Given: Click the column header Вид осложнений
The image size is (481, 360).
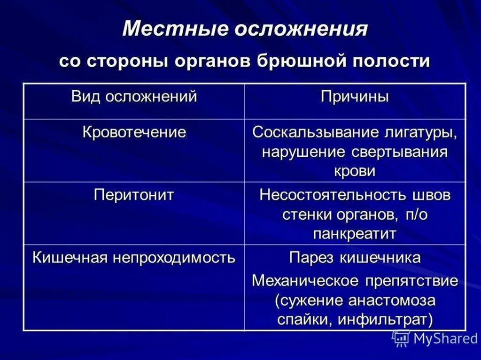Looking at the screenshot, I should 134,97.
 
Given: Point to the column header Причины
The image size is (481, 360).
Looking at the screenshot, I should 355,97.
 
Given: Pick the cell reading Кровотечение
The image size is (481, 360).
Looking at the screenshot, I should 134,132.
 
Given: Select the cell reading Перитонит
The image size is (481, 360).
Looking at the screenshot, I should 134,195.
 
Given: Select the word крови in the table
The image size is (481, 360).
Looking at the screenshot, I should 355,171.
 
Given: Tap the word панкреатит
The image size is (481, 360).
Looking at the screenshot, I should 355,233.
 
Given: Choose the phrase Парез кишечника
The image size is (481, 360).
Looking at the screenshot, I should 355,258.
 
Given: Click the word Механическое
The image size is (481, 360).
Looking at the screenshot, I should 305,281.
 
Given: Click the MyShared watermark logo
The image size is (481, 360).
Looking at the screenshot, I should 434,338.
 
